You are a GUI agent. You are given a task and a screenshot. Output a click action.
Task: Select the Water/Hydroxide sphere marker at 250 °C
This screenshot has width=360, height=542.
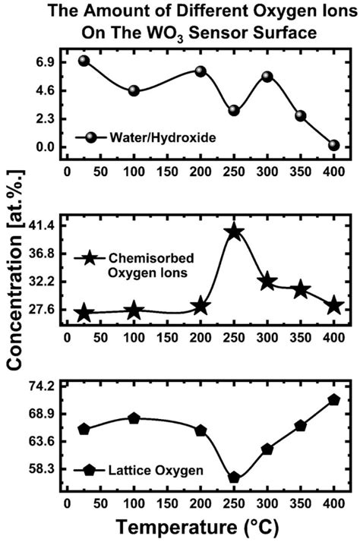coord(234,111)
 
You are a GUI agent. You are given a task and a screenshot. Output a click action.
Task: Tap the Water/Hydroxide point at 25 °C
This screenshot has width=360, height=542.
coord(84,61)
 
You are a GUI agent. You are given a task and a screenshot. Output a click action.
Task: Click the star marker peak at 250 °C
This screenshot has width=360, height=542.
coord(234,232)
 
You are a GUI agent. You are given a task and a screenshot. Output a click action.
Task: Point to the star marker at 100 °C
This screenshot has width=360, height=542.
coord(134,310)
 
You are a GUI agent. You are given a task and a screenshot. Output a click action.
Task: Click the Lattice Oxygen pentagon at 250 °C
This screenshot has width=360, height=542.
coord(234,477)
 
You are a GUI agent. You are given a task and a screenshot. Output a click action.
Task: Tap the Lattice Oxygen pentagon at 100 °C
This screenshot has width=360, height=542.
coord(134,418)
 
